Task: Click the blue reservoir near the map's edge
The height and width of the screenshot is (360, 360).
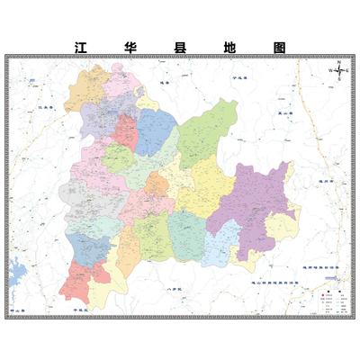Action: click(x=15, y=272)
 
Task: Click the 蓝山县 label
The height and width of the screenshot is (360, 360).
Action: click(x=287, y=112)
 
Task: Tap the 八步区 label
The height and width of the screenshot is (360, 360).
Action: click(x=176, y=289)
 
